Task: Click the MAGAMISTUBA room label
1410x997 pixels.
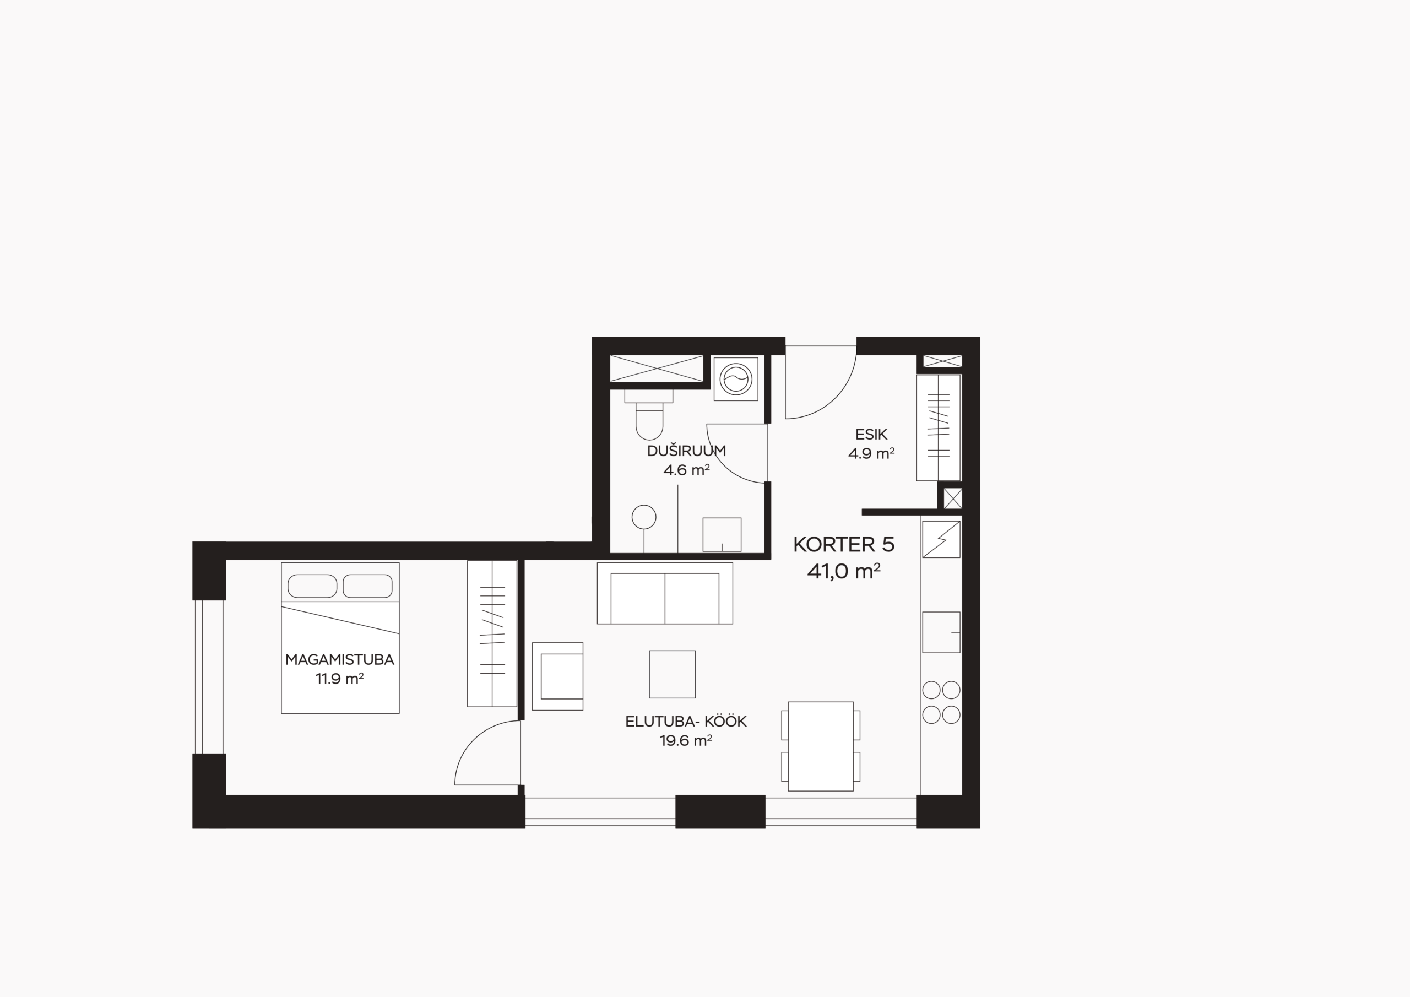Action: point(340,660)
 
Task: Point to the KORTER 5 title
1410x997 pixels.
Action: point(844,544)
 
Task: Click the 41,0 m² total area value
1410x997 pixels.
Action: point(844,571)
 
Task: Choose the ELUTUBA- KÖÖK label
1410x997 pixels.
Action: point(686,722)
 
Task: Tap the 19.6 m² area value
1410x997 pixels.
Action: point(686,741)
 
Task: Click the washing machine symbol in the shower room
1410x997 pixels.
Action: point(736,379)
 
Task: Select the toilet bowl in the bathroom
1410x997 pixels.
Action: point(649,415)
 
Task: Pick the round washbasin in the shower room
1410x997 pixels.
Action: point(644,517)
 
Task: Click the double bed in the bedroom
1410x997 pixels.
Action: point(340,638)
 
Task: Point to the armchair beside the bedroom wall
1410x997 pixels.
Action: point(557,676)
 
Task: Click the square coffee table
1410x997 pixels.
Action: point(673,674)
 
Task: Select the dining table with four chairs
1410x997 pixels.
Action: point(821,746)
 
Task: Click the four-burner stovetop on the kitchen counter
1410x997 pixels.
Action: point(941,702)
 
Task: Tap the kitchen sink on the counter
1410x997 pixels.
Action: point(941,632)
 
